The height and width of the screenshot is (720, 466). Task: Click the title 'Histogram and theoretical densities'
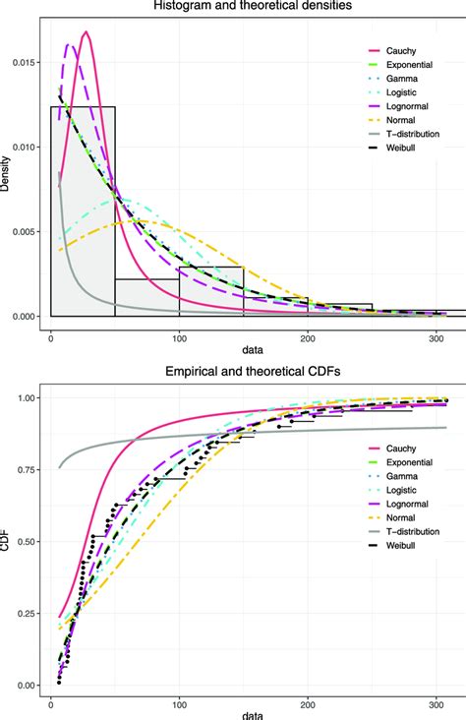coord(245,7)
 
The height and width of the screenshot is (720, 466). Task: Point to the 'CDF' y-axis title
coord(7,541)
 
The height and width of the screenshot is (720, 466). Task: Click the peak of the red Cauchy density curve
coord(87,32)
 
